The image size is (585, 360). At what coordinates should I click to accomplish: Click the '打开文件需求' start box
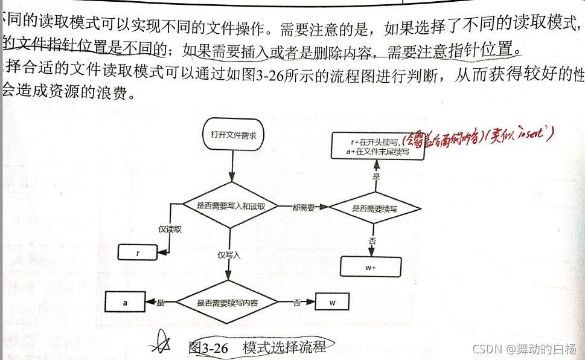232,136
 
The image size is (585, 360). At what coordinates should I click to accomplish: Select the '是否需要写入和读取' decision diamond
230,206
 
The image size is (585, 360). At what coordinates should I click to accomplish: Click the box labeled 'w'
334,301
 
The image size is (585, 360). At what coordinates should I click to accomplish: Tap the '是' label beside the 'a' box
161,302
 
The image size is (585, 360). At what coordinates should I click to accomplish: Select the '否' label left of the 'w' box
297,302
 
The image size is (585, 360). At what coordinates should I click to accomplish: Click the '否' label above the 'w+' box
372,240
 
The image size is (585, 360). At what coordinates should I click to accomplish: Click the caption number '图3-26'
208,347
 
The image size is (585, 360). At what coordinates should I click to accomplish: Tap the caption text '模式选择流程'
284,347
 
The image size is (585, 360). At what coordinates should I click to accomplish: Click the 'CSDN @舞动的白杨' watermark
523,349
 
